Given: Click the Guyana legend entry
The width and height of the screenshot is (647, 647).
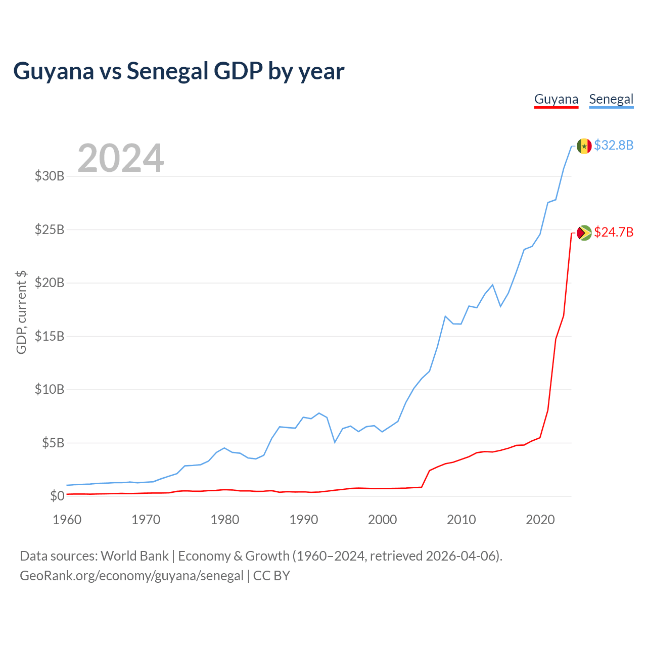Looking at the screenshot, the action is (x=556, y=100).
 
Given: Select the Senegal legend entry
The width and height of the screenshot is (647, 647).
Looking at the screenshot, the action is (x=611, y=100).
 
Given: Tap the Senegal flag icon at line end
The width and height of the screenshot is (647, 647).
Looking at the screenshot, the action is (x=584, y=146).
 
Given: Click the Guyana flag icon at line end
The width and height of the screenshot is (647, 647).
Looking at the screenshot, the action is (x=584, y=233).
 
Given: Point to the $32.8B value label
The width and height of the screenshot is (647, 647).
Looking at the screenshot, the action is (x=614, y=145).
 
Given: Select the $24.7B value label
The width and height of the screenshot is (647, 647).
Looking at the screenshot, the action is (x=614, y=232).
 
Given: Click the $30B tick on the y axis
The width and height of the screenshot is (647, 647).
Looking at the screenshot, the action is (x=50, y=176).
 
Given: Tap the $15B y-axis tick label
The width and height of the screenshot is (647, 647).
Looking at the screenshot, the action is (x=50, y=336).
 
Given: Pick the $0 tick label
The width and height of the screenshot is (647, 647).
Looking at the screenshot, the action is (x=57, y=496).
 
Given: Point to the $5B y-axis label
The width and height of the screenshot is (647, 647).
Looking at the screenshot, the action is (x=53, y=443).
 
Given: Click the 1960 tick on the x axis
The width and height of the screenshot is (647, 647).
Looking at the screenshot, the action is (x=67, y=520).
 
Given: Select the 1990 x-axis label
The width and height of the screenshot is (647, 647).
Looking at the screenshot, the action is (x=303, y=520).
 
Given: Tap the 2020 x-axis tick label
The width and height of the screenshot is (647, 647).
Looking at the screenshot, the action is (x=540, y=520).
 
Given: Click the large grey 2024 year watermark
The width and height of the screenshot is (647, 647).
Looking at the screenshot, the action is (x=120, y=158).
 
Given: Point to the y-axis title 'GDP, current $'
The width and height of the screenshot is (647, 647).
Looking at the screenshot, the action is (x=21, y=312).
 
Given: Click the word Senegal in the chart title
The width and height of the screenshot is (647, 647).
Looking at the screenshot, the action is (x=167, y=71).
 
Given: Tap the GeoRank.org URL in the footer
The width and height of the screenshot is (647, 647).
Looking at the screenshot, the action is (x=131, y=576).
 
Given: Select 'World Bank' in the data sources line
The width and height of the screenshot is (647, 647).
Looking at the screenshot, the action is (x=134, y=556).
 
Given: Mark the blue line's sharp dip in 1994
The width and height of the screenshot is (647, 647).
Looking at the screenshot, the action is (x=335, y=442).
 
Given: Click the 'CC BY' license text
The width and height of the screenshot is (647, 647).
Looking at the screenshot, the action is (x=271, y=576).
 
